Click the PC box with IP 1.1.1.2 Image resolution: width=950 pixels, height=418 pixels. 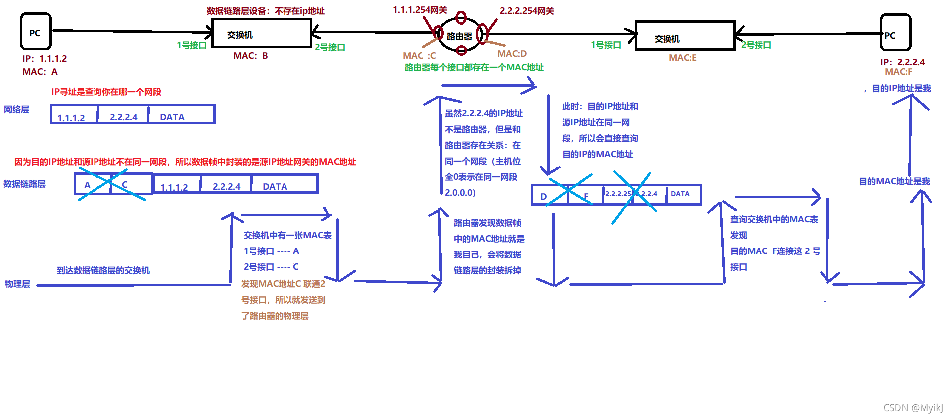pos(35,32)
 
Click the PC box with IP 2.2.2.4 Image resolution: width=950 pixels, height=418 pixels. pos(895,33)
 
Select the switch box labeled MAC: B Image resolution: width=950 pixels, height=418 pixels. pos(261,33)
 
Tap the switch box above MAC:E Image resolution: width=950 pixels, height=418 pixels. pos(684,36)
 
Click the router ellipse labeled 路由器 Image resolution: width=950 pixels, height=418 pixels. pos(460,36)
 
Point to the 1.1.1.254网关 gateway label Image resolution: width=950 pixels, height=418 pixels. pos(420,10)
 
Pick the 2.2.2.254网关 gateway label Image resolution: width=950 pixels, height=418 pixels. pos(527,11)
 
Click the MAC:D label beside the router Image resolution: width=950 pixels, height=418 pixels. pos(512,53)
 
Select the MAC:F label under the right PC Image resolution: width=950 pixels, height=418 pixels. pos(898,72)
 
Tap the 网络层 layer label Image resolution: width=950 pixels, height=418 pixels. pos(16,109)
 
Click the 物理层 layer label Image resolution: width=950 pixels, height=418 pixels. pos(17,284)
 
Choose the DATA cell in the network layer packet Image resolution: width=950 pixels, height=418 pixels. pos(181,115)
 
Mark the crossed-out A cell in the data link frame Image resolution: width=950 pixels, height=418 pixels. pos(92,184)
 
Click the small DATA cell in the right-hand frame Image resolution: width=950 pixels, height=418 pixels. pos(682,194)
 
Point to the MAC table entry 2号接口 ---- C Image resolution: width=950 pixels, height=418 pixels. pos(271,267)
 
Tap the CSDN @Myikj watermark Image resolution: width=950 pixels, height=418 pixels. pos(913,408)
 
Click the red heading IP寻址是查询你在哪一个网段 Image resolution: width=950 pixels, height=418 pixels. pos(106,92)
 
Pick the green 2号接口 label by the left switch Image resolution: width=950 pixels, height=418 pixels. pos(330,47)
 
